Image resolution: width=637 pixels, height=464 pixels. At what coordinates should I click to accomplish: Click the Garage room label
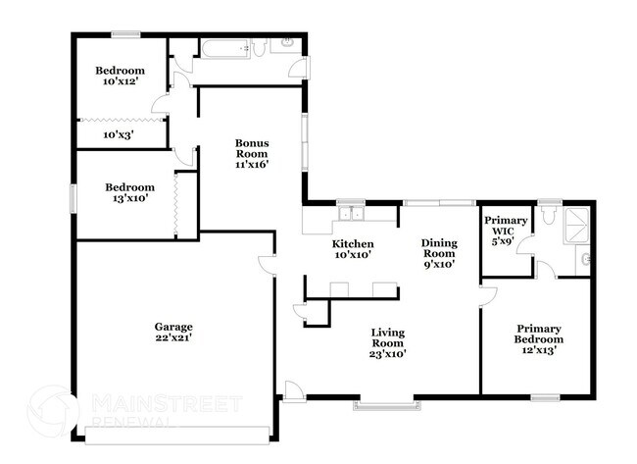173,327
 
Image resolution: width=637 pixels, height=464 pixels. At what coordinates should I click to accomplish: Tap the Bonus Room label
252,148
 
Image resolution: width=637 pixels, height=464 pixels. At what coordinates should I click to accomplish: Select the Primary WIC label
506,226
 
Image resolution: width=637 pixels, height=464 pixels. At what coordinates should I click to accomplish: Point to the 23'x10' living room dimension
388,354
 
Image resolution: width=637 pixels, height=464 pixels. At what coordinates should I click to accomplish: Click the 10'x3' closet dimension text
119,134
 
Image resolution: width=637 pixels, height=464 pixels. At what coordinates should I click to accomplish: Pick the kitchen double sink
352,213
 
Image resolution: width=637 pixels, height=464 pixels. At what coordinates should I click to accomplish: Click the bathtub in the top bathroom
224,48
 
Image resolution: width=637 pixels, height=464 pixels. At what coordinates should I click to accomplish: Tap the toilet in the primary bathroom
549,215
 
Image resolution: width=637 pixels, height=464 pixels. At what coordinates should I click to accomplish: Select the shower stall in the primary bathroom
576,226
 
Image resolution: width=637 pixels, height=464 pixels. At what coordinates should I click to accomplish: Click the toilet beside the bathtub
259,48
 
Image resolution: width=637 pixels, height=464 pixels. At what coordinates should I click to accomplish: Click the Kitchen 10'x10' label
353,249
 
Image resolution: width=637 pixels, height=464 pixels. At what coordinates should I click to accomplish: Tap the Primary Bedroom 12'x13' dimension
539,350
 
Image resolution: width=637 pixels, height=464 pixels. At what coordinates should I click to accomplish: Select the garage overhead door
177,436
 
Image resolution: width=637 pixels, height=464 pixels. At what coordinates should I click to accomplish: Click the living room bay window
386,404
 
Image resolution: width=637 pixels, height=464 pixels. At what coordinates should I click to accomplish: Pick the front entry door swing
293,390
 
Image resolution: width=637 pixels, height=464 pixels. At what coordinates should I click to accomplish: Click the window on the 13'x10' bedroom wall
73,198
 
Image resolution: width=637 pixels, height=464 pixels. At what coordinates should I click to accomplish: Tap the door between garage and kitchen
267,266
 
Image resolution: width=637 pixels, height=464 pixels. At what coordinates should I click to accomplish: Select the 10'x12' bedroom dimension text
121,81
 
